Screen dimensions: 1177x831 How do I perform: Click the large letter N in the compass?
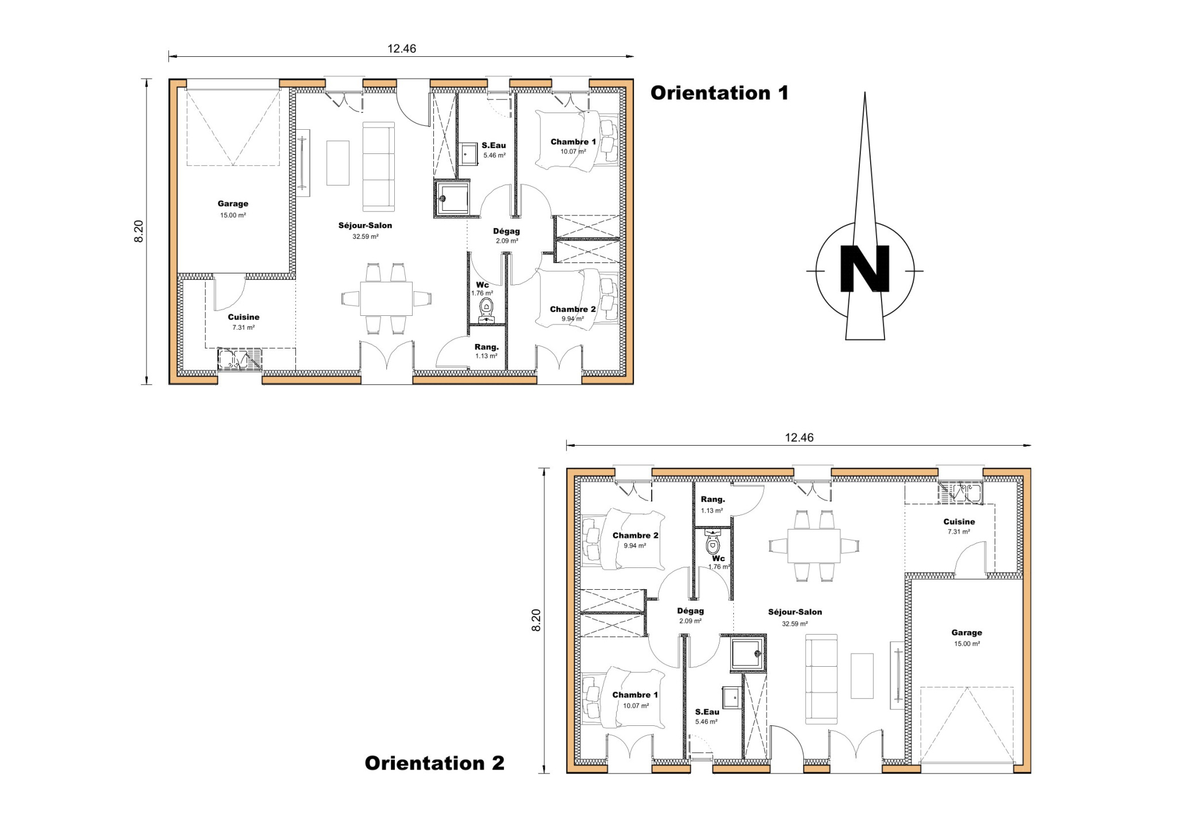tap(864, 269)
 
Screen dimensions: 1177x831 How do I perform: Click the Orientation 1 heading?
tap(720, 93)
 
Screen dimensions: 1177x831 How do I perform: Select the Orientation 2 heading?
tap(434, 763)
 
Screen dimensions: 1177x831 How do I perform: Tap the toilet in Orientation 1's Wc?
tap(487, 311)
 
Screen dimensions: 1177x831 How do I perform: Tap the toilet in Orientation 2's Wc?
tap(713, 542)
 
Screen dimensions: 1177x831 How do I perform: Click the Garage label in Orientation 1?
tap(233, 203)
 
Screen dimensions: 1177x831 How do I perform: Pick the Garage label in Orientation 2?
tap(967, 633)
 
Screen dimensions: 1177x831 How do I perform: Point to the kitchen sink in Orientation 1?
tap(240, 359)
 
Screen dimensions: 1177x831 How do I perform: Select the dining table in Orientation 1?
tap(386, 299)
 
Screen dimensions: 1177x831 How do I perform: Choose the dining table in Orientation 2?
tap(814, 546)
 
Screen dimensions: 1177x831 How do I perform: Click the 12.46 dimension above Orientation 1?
tap(402, 49)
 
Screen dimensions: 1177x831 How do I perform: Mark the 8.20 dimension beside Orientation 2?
tap(536, 620)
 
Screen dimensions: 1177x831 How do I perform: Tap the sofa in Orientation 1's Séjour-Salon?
tap(379, 167)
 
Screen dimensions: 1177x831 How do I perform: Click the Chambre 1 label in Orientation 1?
tap(573, 142)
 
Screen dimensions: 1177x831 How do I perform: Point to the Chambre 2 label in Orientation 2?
tap(636, 536)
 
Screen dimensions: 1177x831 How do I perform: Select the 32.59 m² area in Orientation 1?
tap(366, 237)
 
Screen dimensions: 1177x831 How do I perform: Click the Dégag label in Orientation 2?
tap(690, 611)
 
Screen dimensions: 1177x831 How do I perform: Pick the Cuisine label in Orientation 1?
tap(244, 317)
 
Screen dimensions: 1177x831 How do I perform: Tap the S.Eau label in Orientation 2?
tap(707, 712)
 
